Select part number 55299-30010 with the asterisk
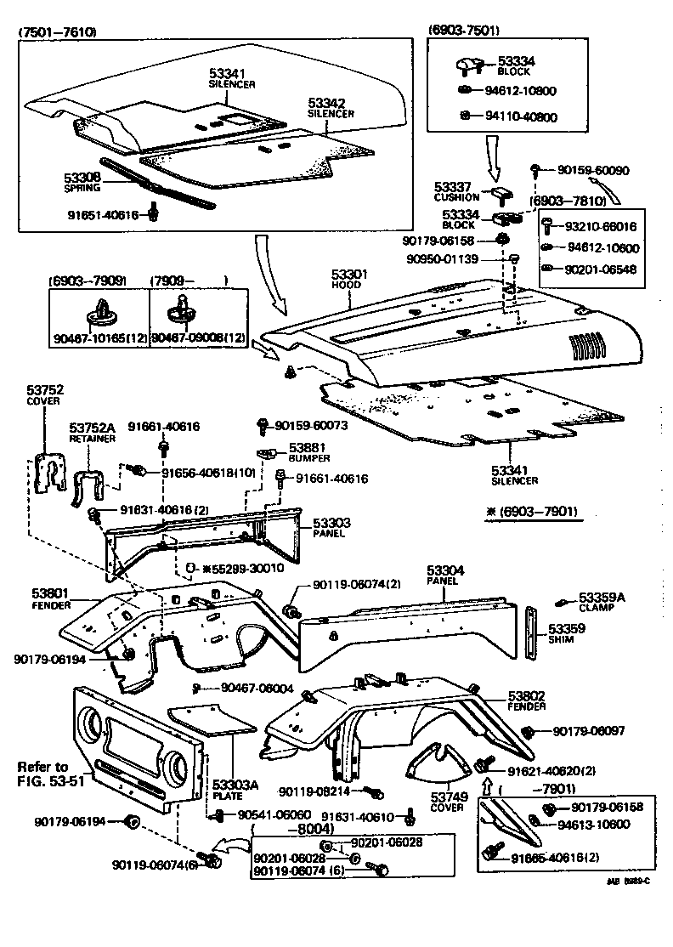(x=240, y=568)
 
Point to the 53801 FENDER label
(x=50, y=598)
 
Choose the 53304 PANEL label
(x=442, y=575)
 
